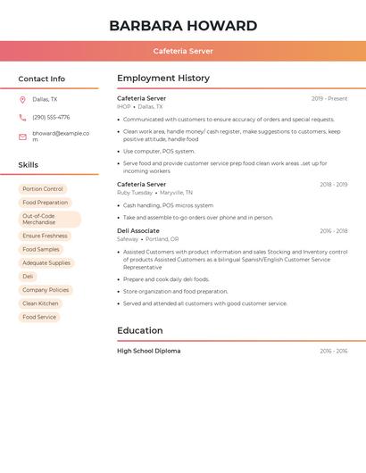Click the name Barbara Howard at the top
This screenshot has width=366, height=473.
[x=183, y=26]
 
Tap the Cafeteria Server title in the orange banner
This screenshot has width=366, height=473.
[x=183, y=51]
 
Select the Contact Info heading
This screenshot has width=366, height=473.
[x=42, y=79]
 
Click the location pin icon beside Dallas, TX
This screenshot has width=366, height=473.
[x=22, y=100]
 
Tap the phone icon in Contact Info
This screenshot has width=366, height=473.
[x=22, y=118]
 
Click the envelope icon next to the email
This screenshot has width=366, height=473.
[x=22, y=137]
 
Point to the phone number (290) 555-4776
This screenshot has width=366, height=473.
[x=51, y=118]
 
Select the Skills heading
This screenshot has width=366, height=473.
[x=29, y=165]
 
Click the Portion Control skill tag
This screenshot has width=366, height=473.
[x=43, y=189]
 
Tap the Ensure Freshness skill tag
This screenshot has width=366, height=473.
[x=45, y=236]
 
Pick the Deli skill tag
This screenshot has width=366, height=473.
[x=28, y=277]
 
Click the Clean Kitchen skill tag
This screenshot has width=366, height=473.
[x=41, y=303]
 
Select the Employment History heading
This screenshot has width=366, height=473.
[x=163, y=79]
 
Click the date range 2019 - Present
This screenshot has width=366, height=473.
[x=329, y=99]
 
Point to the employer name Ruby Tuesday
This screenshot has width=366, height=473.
[x=135, y=193]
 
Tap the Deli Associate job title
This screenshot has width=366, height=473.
[x=138, y=231]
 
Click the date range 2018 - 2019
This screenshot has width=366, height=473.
[x=334, y=185]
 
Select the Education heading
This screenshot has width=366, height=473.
[x=141, y=331]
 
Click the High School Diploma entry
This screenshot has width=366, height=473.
[x=149, y=352]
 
